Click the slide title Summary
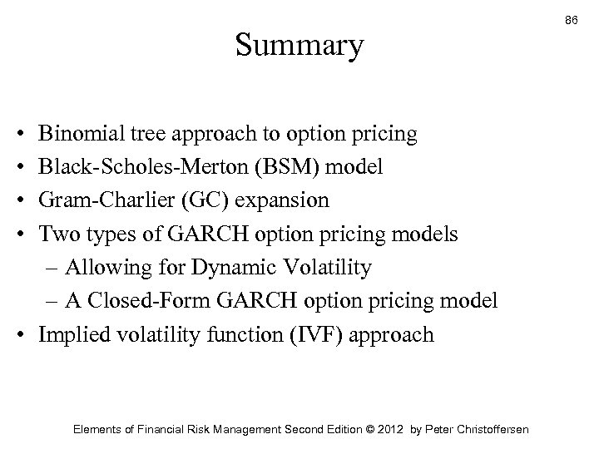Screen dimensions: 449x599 tap(299, 46)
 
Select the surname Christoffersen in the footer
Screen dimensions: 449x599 tap(488, 429)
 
